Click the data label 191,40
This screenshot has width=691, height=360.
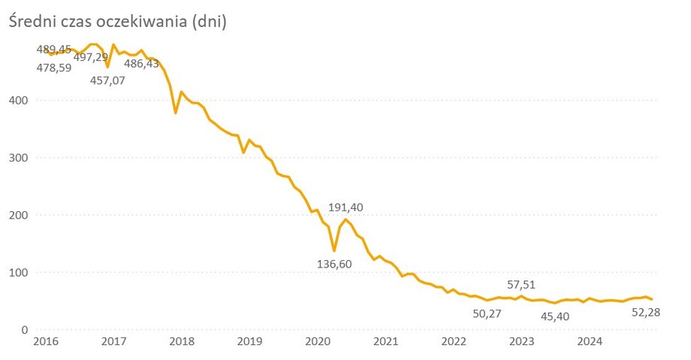point(349,207)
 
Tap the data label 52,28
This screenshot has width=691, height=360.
point(645,312)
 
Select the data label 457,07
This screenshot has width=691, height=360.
point(108,80)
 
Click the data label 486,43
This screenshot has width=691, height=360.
point(141,64)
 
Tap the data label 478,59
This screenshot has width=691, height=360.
point(54,68)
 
